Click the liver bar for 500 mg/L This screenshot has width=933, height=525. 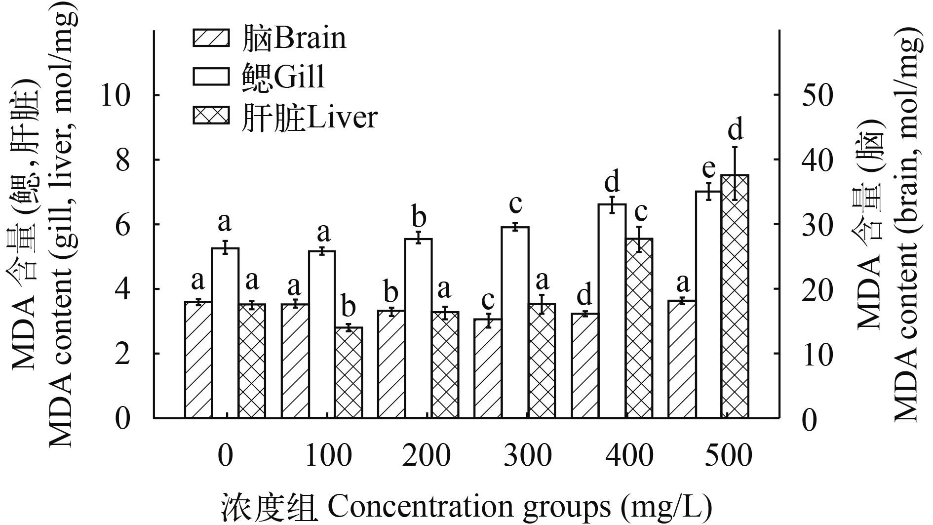pos(735,296)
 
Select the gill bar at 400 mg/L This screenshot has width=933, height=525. pos(612,311)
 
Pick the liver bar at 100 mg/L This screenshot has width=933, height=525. pos(349,372)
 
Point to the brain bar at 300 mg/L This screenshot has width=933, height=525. pos(488,368)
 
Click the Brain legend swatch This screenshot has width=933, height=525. pos(211,39)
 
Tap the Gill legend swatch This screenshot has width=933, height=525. pos(211,77)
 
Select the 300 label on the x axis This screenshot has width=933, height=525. pos(527,455)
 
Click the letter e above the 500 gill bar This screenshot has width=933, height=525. pos(708,168)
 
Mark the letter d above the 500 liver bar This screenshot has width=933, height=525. pos(736,129)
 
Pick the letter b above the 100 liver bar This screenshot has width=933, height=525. pos(349,307)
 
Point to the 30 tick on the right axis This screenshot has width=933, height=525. pos(817,225)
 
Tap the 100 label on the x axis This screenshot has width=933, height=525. pos(329,455)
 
